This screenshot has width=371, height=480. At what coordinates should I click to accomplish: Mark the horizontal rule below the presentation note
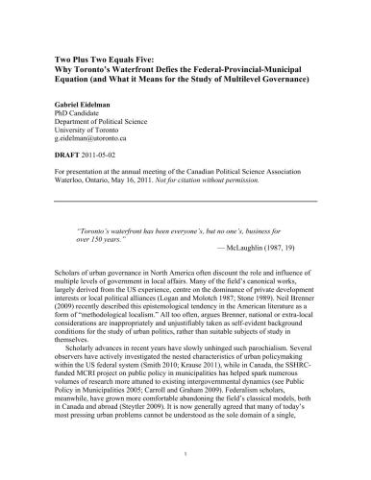tap(185, 201)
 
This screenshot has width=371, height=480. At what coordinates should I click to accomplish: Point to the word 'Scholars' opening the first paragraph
tap(66, 263)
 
